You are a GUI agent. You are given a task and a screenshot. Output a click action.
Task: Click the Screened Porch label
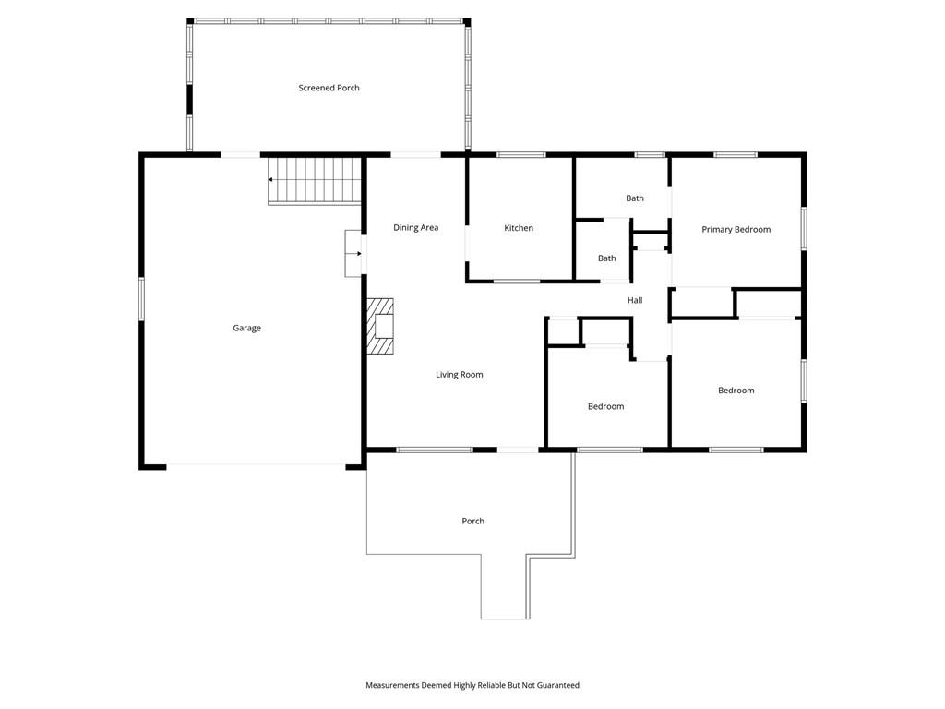tap(329, 88)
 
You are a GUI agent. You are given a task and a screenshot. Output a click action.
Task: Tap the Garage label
tap(247, 328)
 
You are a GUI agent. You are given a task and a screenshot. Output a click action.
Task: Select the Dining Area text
tap(416, 227)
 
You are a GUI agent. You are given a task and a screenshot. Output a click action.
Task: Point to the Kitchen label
tap(519, 228)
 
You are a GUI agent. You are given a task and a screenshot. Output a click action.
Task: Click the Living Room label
tap(460, 375)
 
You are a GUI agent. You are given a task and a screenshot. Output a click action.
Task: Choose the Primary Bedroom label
tap(736, 229)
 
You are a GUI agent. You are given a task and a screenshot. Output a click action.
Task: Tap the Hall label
tap(635, 300)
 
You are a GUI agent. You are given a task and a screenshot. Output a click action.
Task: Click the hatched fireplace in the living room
tap(380, 326)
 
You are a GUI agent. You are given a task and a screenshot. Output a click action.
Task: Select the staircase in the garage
tap(314, 181)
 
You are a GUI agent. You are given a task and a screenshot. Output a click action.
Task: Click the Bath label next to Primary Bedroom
tap(635, 198)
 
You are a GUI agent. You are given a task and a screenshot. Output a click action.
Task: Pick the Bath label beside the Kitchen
tap(607, 258)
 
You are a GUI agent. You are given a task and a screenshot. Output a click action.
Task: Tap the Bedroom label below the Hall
tap(605, 406)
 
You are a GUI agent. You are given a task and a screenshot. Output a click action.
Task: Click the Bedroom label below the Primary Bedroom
tap(736, 391)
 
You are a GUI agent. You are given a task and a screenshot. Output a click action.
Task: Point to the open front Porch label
tap(473, 521)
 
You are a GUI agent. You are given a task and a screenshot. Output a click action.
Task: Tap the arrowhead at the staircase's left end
tap(270, 180)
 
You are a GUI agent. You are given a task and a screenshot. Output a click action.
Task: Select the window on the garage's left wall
tap(141, 298)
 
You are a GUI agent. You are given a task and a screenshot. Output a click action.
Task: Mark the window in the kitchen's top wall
tap(521, 155)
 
